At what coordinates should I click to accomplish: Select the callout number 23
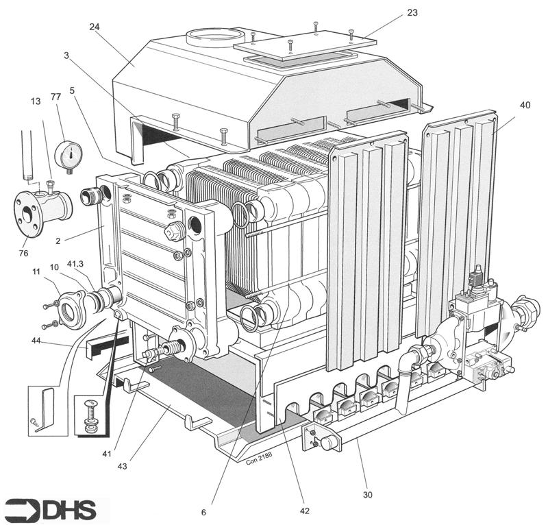click(x=412, y=13)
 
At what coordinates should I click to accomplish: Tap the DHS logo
click(x=55, y=509)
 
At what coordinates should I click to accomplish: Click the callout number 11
click(x=36, y=272)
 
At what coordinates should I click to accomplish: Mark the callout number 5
click(x=72, y=90)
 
